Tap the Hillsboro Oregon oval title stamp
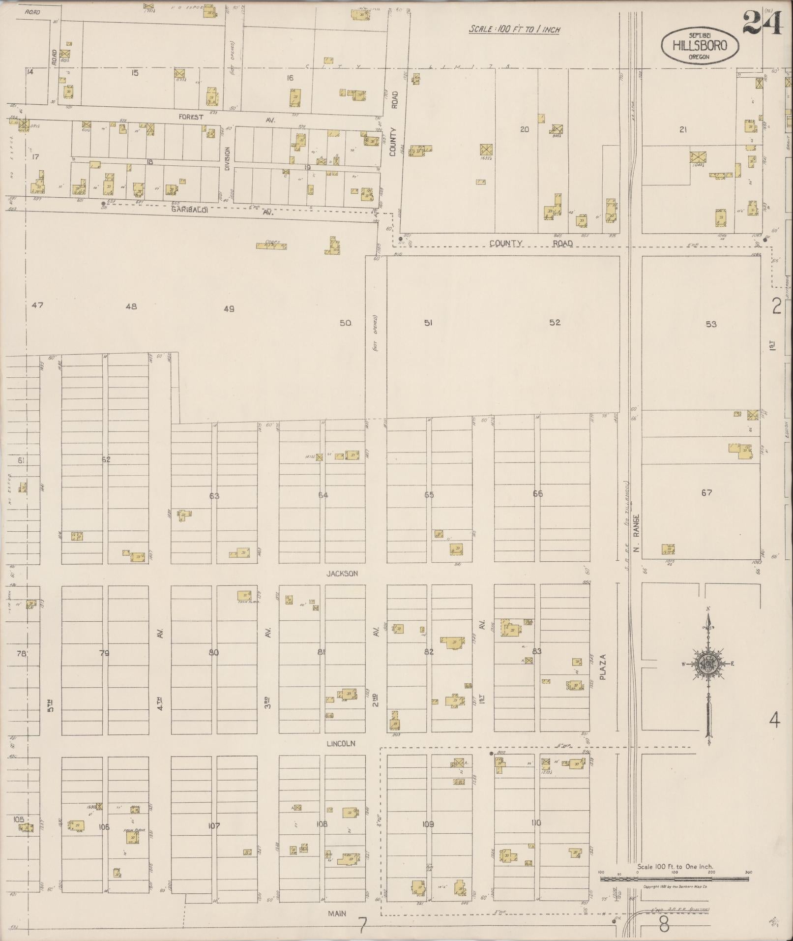pyautogui.click(x=700, y=46)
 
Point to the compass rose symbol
pyautogui.click(x=708, y=665)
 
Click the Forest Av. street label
pyautogui.click(x=191, y=118)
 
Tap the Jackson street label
pyautogui.click(x=342, y=574)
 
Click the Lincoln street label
pyautogui.click(x=341, y=744)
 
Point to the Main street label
pyautogui.click(x=337, y=913)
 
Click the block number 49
pyautogui.click(x=229, y=309)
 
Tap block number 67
pyautogui.click(x=706, y=493)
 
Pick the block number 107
pyautogui.click(x=214, y=826)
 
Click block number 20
pyautogui.click(x=525, y=129)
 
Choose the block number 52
pyautogui.click(x=555, y=323)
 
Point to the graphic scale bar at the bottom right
pyautogui.click(x=674, y=879)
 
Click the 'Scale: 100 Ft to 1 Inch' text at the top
pyautogui.click(x=514, y=30)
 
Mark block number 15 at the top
pyautogui.click(x=135, y=73)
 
